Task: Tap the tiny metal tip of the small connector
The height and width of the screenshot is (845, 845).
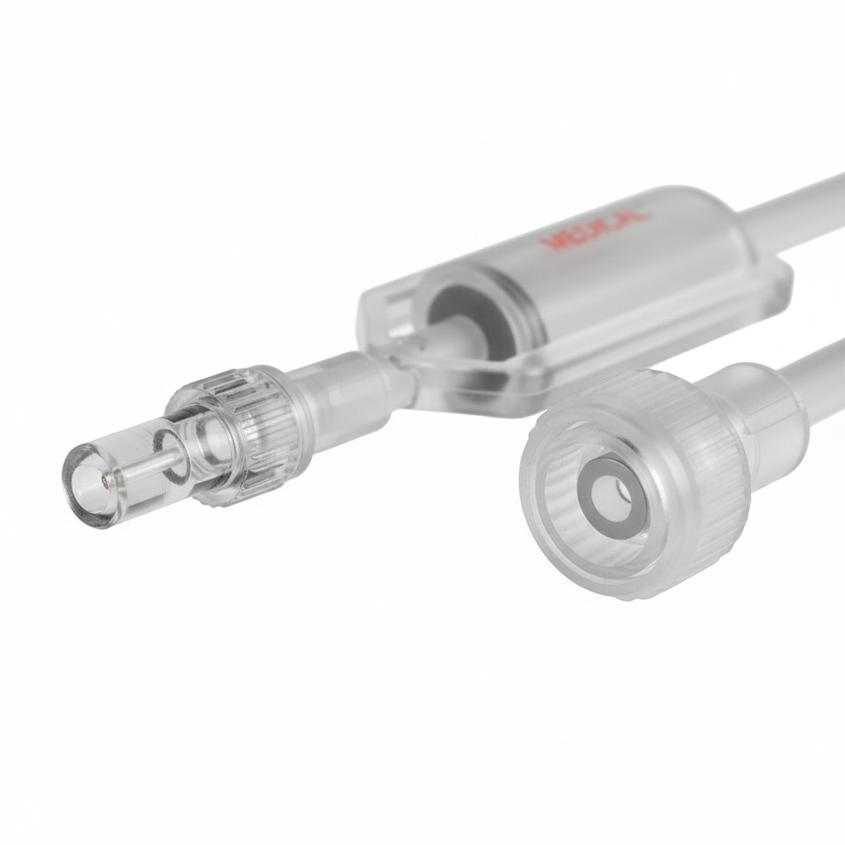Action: (105, 477)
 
